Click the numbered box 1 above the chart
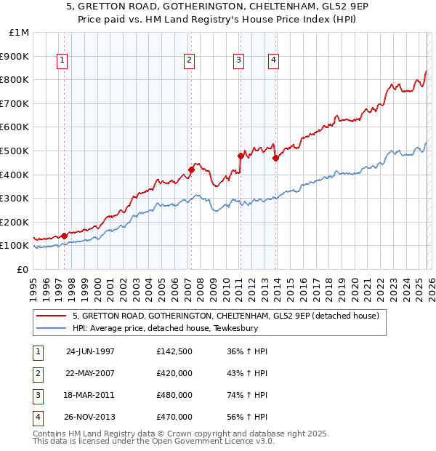coord(62,60)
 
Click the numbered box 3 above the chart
coord(239,60)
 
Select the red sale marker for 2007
coord(191,169)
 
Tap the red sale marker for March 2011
coord(241,156)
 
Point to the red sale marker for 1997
coord(65,236)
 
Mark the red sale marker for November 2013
coord(275,158)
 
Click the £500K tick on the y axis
coord(15,151)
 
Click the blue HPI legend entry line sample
coord(52,328)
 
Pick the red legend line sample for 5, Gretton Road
coord(52,316)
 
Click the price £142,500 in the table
coord(174,351)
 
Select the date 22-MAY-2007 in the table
coord(90,373)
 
